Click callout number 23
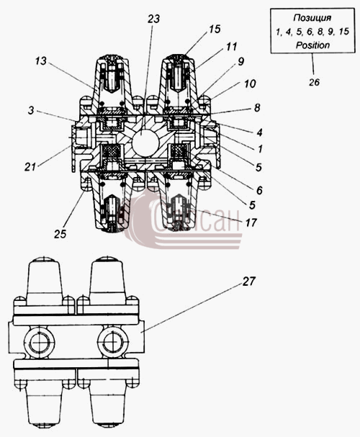(x=153, y=19)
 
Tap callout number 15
(x=215, y=29)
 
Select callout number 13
(x=41, y=61)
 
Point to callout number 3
(x=31, y=110)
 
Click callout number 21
(x=30, y=167)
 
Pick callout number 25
(x=60, y=234)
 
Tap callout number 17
(x=251, y=222)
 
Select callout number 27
(x=248, y=281)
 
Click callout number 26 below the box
(x=314, y=82)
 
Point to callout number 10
(x=250, y=84)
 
